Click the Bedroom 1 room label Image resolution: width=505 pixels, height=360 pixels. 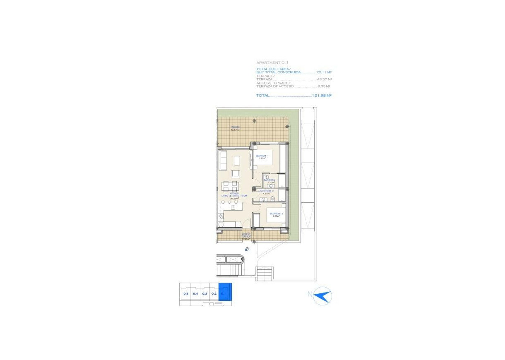tap(262, 156)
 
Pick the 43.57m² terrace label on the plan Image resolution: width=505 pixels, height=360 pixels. tap(235, 128)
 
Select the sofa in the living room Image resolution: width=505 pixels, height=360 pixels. tap(222, 161)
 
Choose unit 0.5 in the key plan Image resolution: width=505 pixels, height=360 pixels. tap(186, 294)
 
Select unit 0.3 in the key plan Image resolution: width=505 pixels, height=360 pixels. tap(204, 294)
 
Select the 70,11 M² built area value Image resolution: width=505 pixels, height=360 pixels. tap(324, 72)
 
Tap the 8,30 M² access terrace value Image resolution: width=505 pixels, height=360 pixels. tap(324, 86)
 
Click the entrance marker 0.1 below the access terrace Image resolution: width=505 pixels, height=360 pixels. tap(247, 250)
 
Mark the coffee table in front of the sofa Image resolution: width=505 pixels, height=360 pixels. tap(237, 160)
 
